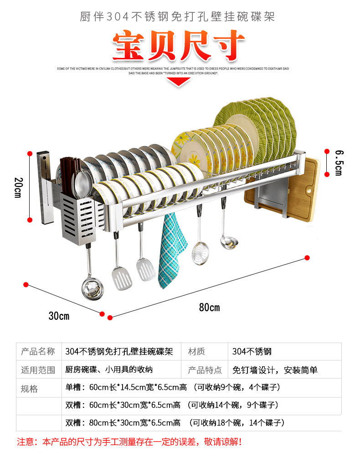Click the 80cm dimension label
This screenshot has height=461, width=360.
[x=209, y=307]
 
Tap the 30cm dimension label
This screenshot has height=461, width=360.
[x=59, y=316]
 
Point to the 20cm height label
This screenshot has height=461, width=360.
[x=18, y=187]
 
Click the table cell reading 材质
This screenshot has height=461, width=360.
[x=196, y=352]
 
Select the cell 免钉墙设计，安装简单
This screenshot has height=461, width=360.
[x=275, y=370]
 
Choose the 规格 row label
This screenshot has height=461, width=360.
[x=30, y=389]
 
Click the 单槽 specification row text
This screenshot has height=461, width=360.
[x=173, y=388]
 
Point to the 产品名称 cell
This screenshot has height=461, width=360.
[x=38, y=352]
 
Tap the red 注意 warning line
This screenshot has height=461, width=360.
[x=129, y=441]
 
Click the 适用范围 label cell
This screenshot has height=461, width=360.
[x=38, y=370]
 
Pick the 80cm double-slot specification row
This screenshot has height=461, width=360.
[x=175, y=423]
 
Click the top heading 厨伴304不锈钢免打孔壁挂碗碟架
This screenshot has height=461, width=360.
[x=177, y=17]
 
